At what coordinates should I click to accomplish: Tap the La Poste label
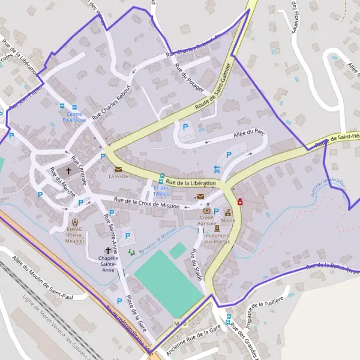click(118, 177)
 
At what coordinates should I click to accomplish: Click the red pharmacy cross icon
click(240, 203)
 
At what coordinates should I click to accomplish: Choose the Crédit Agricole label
click(207, 220)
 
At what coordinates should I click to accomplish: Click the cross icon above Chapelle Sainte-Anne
click(109, 250)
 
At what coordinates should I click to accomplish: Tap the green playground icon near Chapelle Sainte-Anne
click(131, 253)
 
